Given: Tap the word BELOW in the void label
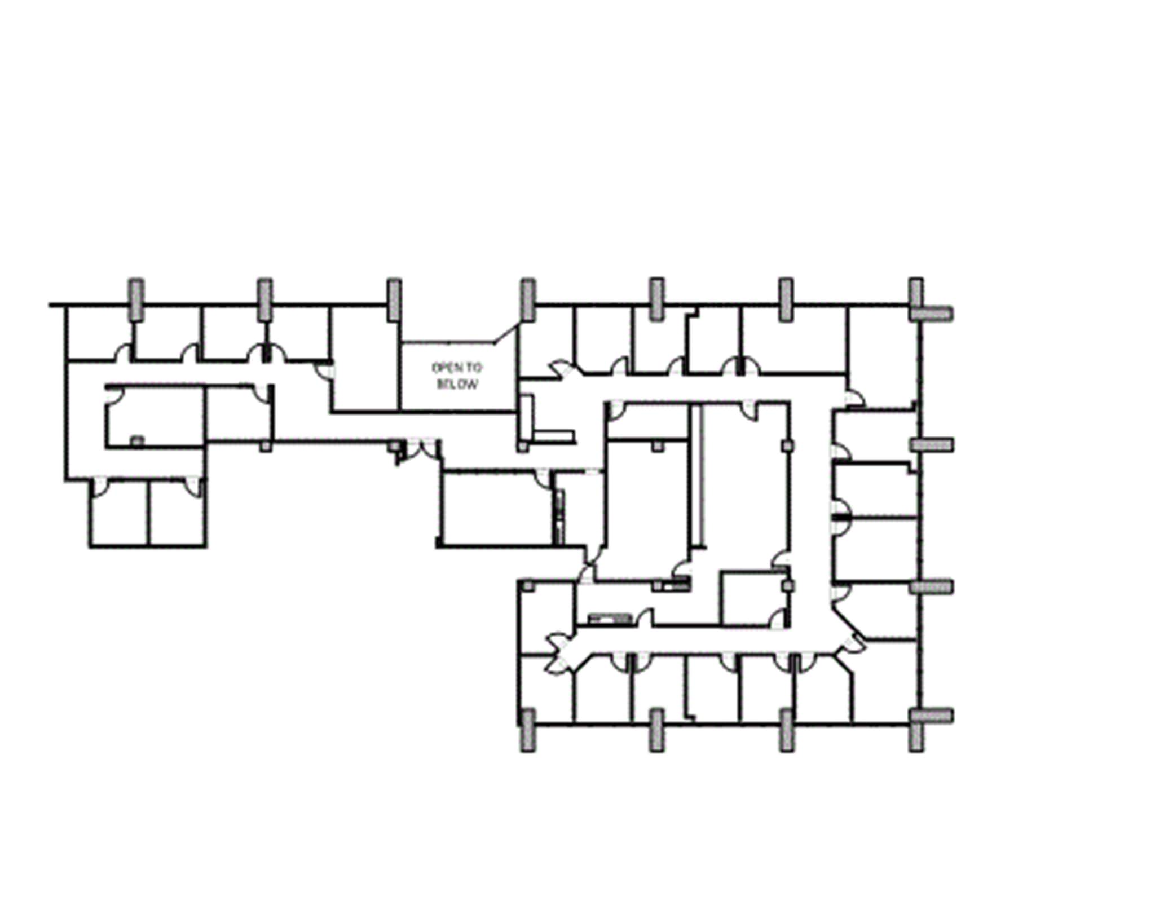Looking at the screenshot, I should click(x=457, y=385).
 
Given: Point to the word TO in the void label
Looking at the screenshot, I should click(x=474, y=368).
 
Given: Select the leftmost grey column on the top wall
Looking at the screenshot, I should click(x=136, y=299).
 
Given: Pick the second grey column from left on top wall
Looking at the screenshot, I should click(x=265, y=299).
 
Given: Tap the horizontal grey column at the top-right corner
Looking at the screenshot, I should click(x=932, y=314).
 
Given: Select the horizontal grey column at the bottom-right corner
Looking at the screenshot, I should click(x=932, y=716).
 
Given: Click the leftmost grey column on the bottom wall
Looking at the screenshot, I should click(x=527, y=731).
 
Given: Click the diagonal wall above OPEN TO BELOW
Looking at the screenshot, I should click(x=506, y=333).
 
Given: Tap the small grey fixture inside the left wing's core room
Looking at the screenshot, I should click(x=137, y=441).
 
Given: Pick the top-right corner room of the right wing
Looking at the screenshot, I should click(x=883, y=350).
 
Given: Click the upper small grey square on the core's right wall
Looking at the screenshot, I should click(x=787, y=445).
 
